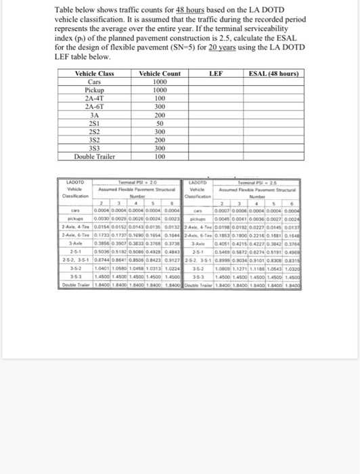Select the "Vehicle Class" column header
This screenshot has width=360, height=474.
coord(94,73)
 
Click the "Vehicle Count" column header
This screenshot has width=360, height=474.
coord(159,73)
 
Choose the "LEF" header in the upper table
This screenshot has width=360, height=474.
coord(216,73)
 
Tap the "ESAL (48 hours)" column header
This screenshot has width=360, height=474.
coord(275,73)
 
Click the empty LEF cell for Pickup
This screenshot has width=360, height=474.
coord(216,90)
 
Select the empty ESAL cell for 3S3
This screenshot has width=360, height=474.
coord(275,148)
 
